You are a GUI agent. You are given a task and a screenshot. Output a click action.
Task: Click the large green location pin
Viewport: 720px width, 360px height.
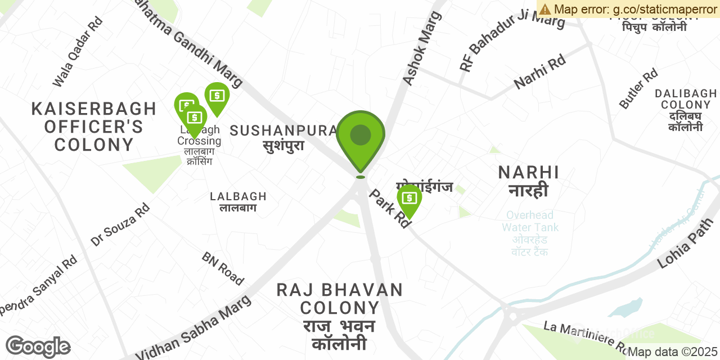pyautogui.click(x=361, y=138)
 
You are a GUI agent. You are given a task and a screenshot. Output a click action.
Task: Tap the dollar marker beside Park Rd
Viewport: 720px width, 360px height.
pyautogui.click(x=409, y=200)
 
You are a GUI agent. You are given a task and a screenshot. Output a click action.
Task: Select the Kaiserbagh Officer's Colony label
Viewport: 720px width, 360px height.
pyautogui.click(x=94, y=127)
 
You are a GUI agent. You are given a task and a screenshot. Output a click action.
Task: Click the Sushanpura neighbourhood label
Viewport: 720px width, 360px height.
pyautogui.click(x=283, y=137)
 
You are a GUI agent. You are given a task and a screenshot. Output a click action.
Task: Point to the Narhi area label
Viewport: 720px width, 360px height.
pyautogui.click(x=529, y=181)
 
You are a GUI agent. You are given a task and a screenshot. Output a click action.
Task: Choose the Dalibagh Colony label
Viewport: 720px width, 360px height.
pyautogui.click(x=686, y=110)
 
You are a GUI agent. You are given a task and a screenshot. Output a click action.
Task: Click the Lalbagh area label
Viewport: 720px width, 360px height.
pyautogui.click(x=238, y=201)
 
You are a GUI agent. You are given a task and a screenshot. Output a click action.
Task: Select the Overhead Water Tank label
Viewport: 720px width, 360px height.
pyautogui.click(x=530, y=233)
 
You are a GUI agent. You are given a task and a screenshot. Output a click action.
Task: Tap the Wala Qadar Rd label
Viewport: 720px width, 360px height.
pyautogui.click(x=78, y=52)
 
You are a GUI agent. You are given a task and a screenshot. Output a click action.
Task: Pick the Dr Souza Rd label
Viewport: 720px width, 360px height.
pyautogui.click(x=120, y=224)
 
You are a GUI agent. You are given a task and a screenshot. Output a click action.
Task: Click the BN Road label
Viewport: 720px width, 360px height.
pyautogui.click(x=223, y=268)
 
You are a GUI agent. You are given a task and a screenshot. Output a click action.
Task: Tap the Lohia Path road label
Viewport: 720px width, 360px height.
pyautogui.click(x=685, y=243)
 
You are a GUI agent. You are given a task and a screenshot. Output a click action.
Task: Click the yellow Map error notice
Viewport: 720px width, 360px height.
pyautogui.click(x=628, y=8)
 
